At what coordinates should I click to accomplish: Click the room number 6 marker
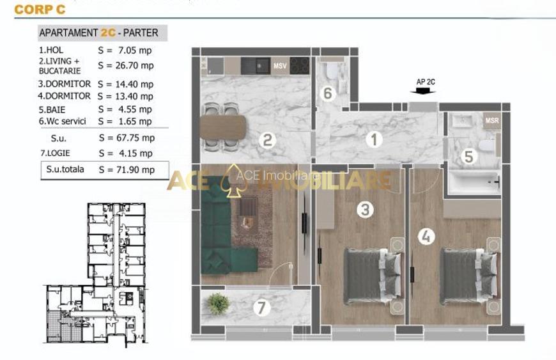[328, 93]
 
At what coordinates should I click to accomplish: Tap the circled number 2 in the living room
[267, 140]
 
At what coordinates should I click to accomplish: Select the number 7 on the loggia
[261, 308]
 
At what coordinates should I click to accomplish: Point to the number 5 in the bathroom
[468, 157]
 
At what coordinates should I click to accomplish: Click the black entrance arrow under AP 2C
[423, 91]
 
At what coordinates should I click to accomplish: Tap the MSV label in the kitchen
[280, 66]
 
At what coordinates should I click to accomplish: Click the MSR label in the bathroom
[492, 120]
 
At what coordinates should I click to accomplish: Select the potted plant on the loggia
[218, 304]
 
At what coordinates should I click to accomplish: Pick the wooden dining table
[223, 127]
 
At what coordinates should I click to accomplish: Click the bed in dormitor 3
[373, 276]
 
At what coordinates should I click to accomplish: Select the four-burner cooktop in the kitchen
[300, 66]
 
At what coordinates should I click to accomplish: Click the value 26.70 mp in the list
[135, 66]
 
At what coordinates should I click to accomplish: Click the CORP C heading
[40, 10]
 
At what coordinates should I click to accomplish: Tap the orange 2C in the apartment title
[108, 33]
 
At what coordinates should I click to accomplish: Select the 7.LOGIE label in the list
[55, 153]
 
